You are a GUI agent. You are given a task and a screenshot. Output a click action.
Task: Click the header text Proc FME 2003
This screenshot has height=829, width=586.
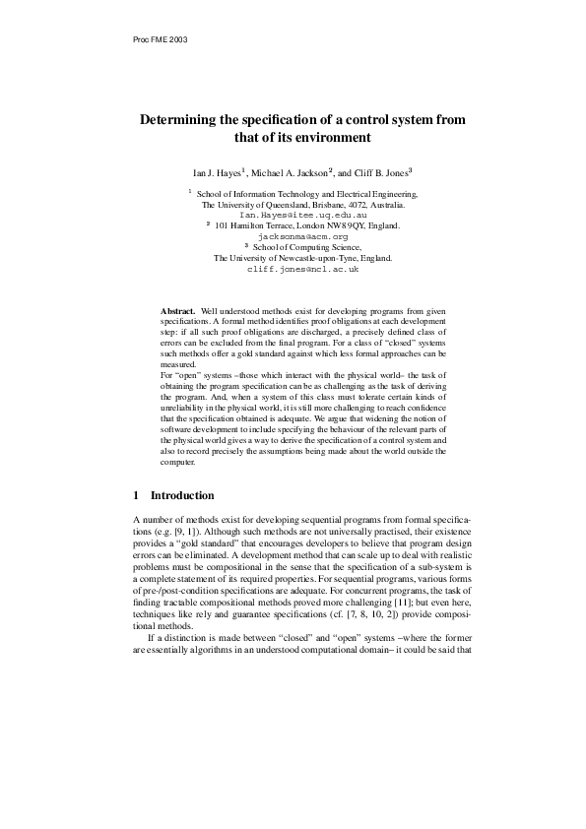[159, 39]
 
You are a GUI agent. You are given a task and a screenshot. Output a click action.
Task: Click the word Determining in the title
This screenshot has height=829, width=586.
[183, 119]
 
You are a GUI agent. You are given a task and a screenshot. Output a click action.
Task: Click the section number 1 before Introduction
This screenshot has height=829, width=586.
[136, 495]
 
